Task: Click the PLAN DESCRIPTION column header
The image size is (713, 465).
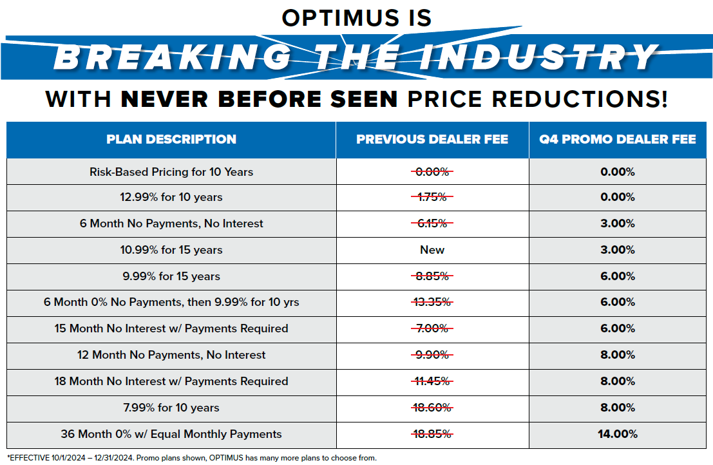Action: coord(171,139)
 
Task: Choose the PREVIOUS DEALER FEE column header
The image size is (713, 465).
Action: coord(432,139)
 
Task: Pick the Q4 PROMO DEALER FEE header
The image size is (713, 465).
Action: coord(618,139)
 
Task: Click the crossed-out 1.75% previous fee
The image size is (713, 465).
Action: coord(432,197)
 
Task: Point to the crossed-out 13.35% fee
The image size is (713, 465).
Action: coord(432,302)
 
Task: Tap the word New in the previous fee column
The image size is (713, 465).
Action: coord(432,250)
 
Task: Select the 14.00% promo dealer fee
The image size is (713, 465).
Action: coord(618,434)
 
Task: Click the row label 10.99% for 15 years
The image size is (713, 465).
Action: coord(171,250)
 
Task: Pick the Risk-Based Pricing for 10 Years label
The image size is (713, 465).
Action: coord(171,172)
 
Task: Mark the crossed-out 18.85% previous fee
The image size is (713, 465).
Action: coord(432,434)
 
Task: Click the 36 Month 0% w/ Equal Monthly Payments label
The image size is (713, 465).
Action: coord(171,434)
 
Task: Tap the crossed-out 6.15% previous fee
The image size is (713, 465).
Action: coord(432,223)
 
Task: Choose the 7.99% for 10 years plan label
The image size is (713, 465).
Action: coord(171,408)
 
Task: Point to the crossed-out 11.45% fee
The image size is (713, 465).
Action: coord(432,381)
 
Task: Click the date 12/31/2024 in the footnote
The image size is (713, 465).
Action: coord(113,458)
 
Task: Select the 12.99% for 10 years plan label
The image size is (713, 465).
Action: coord(171,197)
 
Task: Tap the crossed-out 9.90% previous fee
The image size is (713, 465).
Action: coord(432,355)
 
